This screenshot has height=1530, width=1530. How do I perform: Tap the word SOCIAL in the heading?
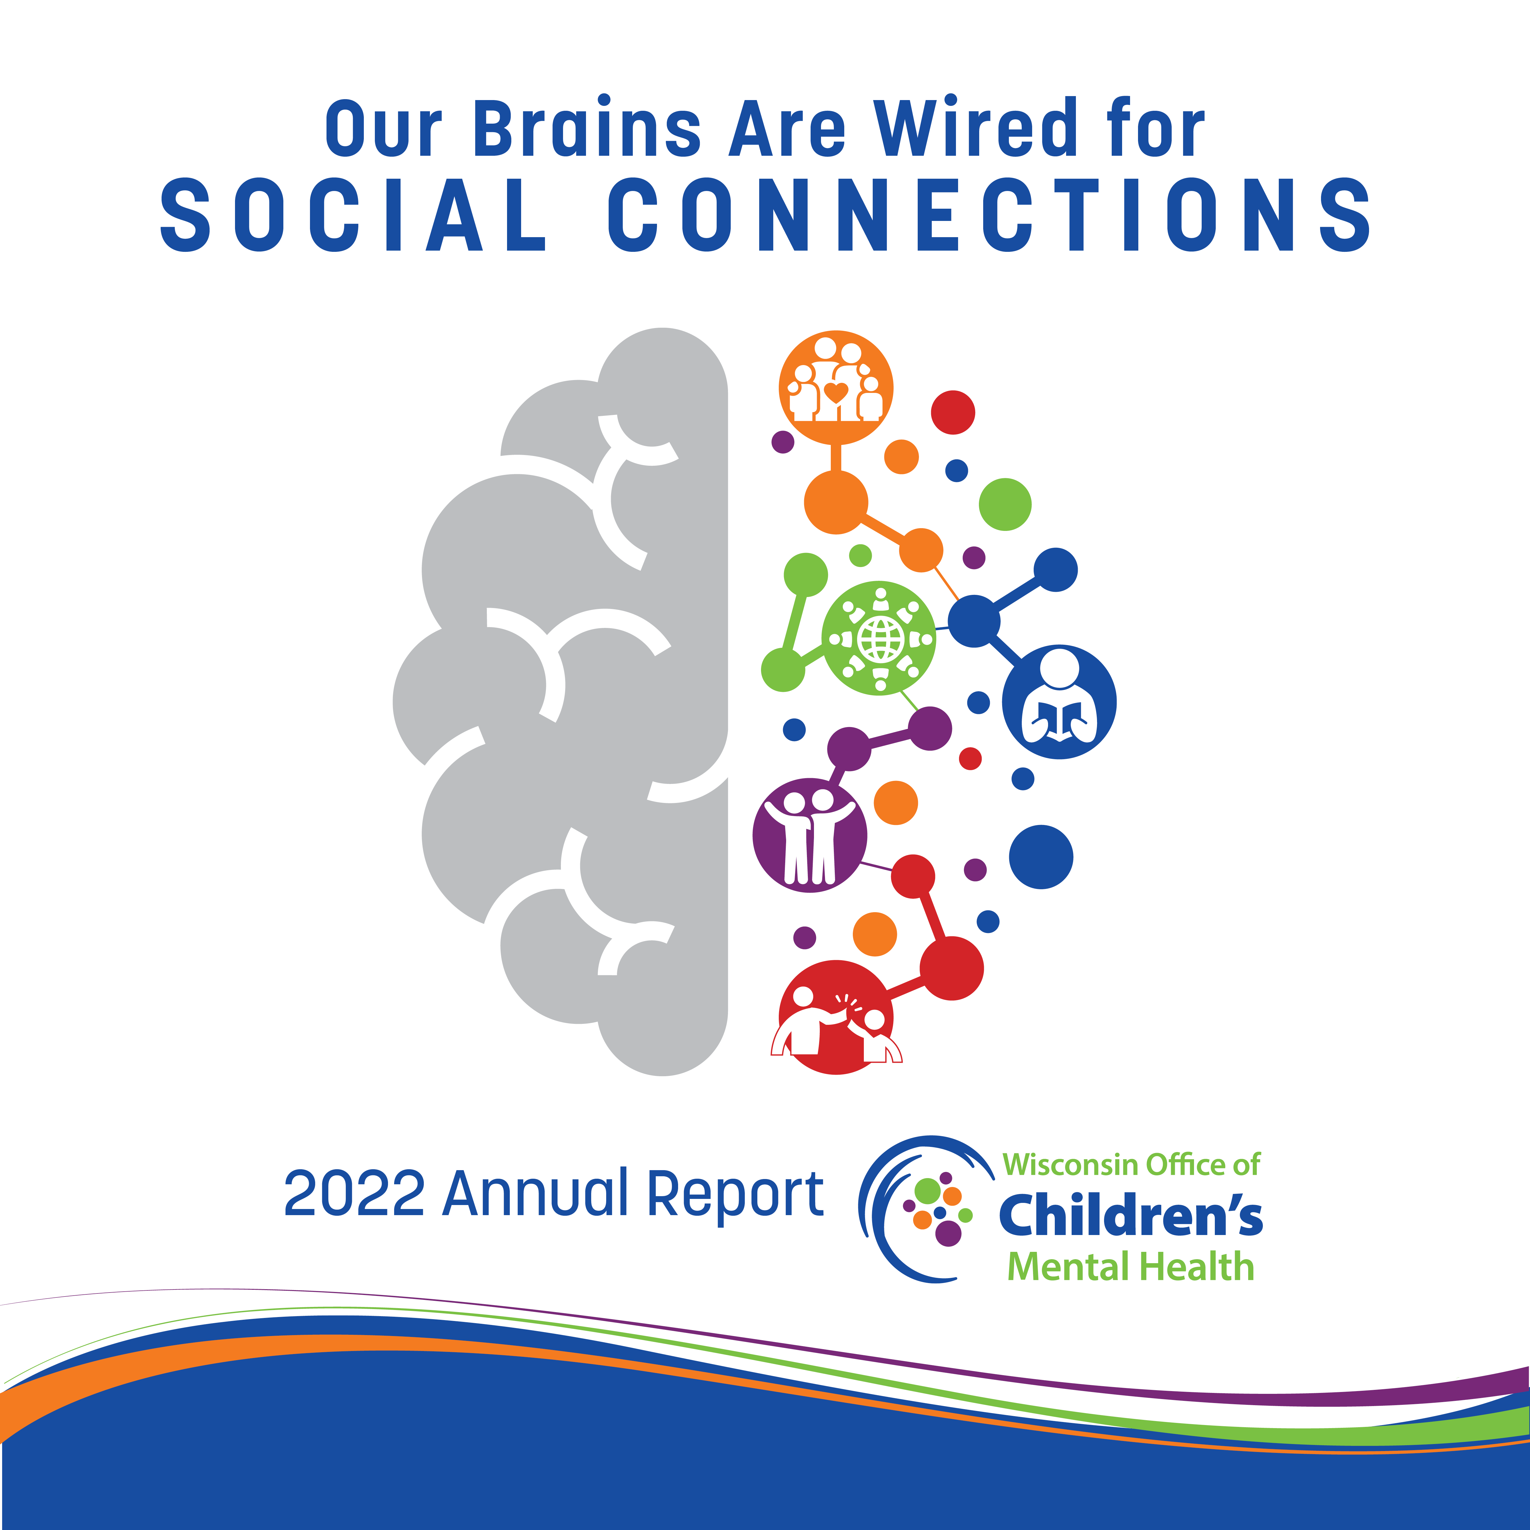tap(353, 215)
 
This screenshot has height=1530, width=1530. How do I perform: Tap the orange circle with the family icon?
tap(835, 387)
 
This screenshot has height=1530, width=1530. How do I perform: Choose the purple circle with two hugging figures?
tap(809, 835)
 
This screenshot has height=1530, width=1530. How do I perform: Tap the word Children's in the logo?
tap(1130, 1216)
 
